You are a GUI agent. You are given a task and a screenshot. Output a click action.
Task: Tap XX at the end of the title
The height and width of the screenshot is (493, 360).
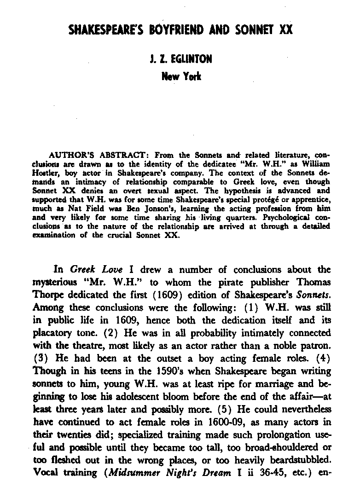coord(285,30)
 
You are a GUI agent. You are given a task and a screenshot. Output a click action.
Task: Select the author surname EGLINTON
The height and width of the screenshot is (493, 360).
coord(192,59)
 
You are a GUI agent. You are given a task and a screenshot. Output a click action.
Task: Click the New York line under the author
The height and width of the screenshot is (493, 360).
coord(180,76)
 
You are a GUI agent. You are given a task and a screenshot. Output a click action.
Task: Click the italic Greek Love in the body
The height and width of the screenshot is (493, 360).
coord(96,270)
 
